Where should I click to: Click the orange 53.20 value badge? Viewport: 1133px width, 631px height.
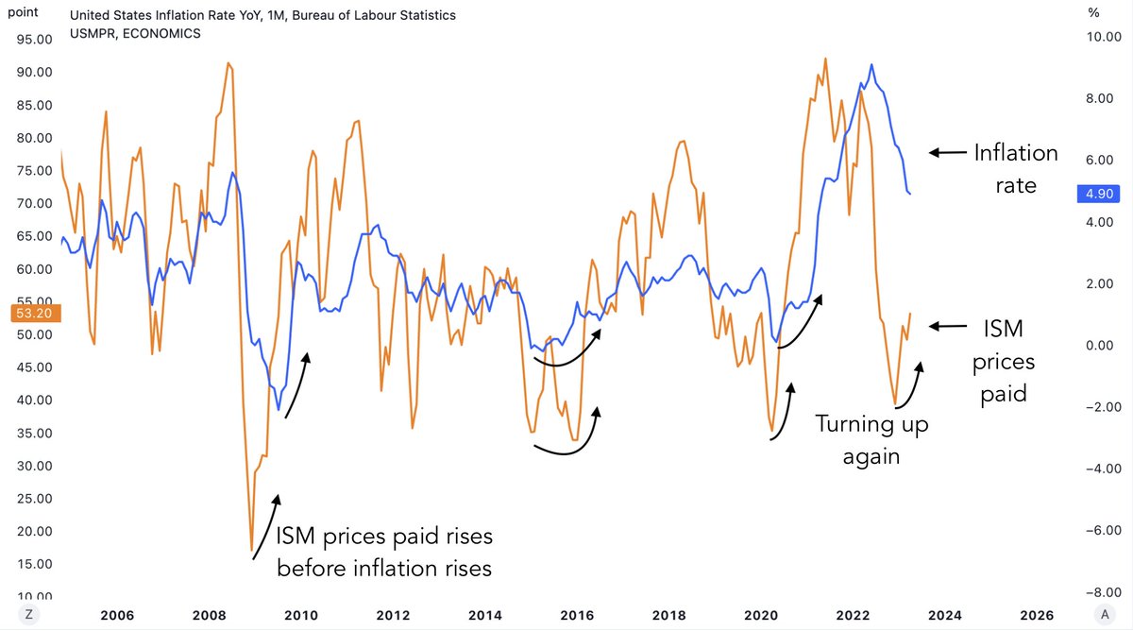33,313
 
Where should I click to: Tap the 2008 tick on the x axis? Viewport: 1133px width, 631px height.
209,613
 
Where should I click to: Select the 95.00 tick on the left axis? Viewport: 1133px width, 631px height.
33,40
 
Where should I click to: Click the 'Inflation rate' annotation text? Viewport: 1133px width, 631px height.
1015,168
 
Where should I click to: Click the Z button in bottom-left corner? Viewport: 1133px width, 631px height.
29,613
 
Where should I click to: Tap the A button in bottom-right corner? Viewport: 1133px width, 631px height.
1099,613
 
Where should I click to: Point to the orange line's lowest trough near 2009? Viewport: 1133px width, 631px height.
252,550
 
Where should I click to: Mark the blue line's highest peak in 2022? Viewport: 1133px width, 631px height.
871,65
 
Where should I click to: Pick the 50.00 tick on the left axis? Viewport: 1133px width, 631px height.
33,334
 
